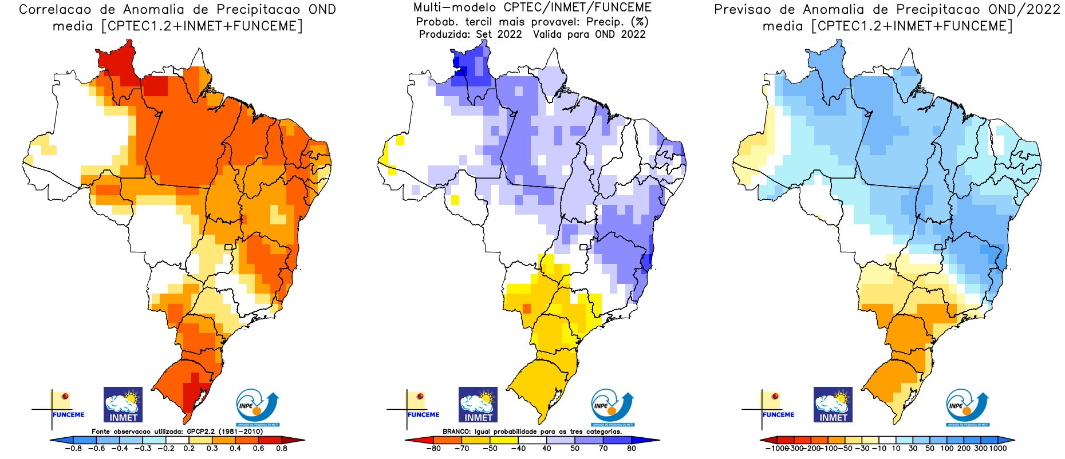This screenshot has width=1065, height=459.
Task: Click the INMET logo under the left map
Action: point(123,405)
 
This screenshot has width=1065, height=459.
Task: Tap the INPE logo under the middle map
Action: point(613,407)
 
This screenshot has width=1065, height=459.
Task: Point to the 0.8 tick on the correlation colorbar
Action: point(282,449)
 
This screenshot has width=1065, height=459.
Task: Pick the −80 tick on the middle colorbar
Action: point(433,449)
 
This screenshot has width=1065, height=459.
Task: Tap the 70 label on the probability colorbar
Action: point(603,449)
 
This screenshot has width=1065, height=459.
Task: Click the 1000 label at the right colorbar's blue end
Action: point(997,449)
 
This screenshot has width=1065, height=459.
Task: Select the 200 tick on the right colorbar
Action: point(964,449)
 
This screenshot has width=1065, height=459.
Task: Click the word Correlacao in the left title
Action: point(55,10)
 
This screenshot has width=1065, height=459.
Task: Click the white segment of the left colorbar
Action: point(178,440)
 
